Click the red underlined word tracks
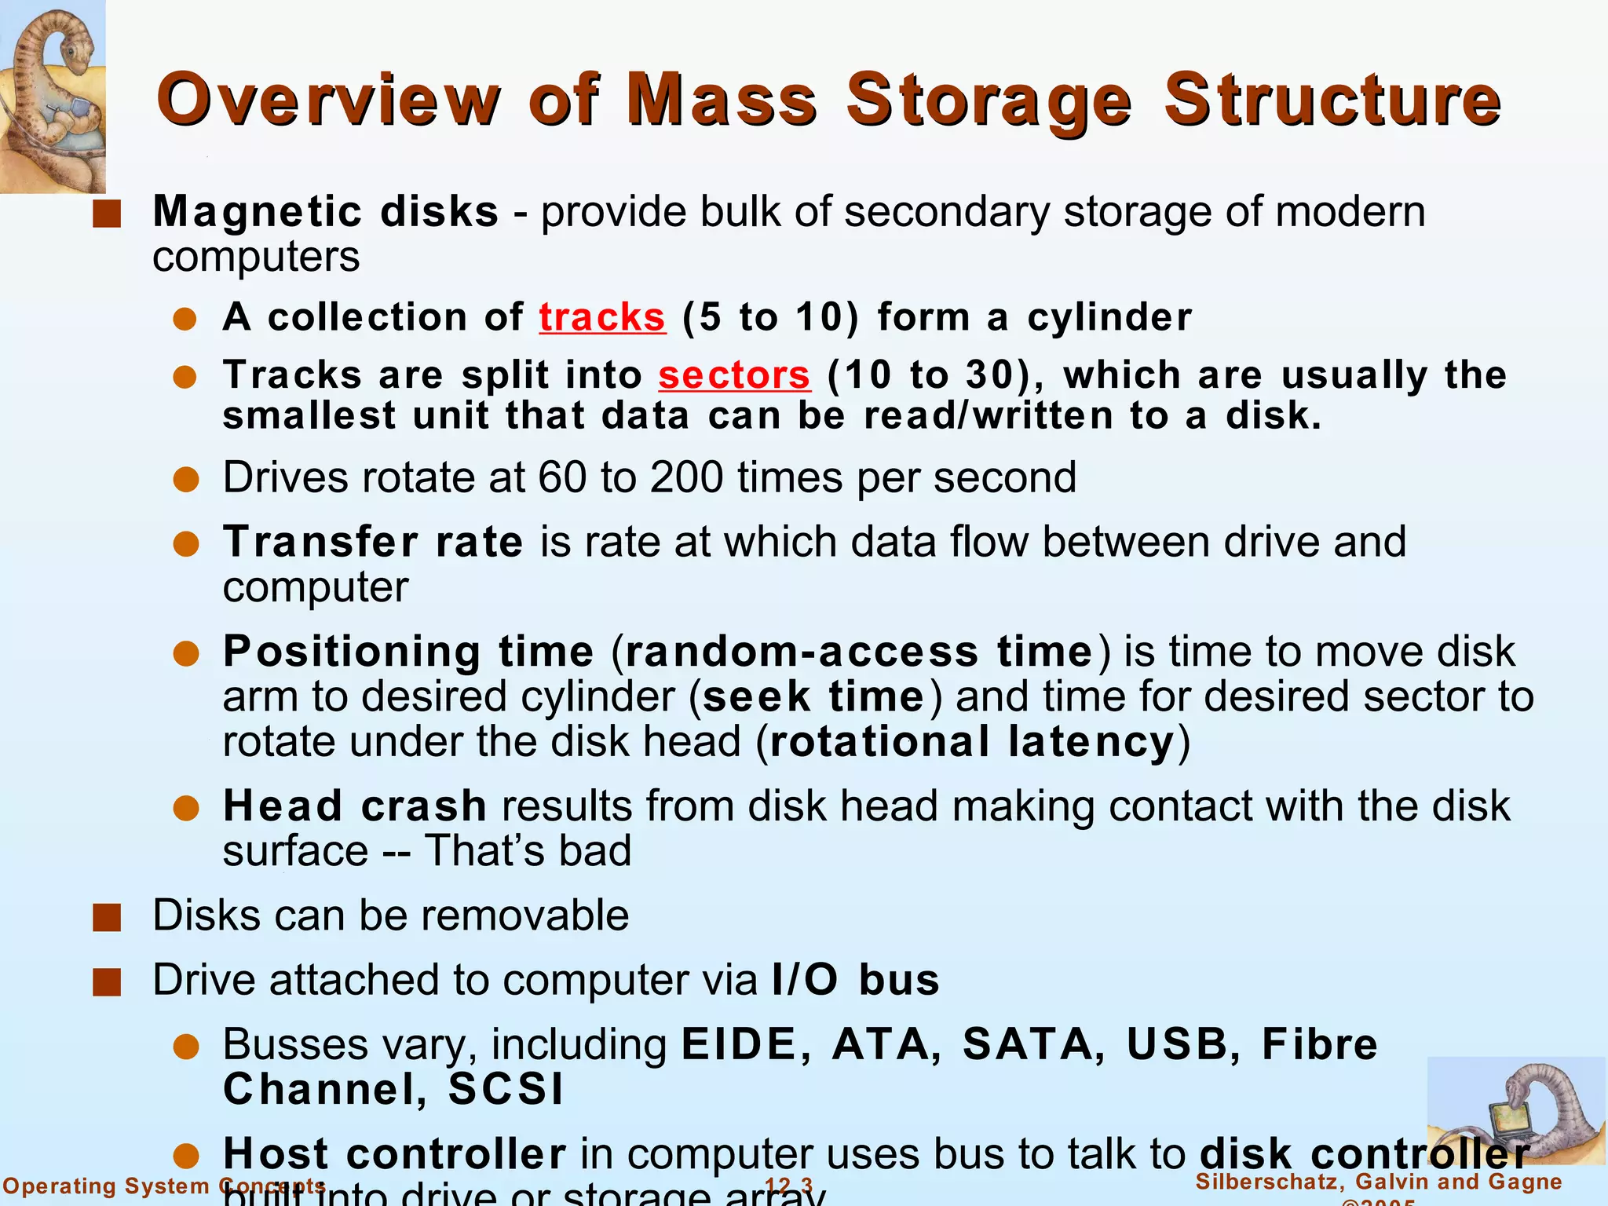pyautogui.click(x=602, y=318)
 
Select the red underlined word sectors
pyautogui.click(x=733, y=375)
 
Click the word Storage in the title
pyautogui.click(x=989, y=100)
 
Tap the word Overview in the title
pyautogui.click(x=328, y=100)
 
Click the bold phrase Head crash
pyautogui.click(x=355, y=806)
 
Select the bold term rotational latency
pyautogui.click(x=972, y=742)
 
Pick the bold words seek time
pyautogui.click(x=813, y=697)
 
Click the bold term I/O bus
pyautogui.click(x=856, y=981)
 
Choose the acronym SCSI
pyautogui.click(x=506, y=1090)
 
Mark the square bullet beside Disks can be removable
pyautogui.click(x=107, y=917)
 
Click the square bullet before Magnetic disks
pyautogui.click(x=107, y=214)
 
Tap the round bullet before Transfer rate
pyautogui.click(x=186, y=543)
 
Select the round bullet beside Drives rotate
pyautogui.click(x=186, y=479)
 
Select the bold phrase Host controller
pyautogui.click(x=394, y=1154)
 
